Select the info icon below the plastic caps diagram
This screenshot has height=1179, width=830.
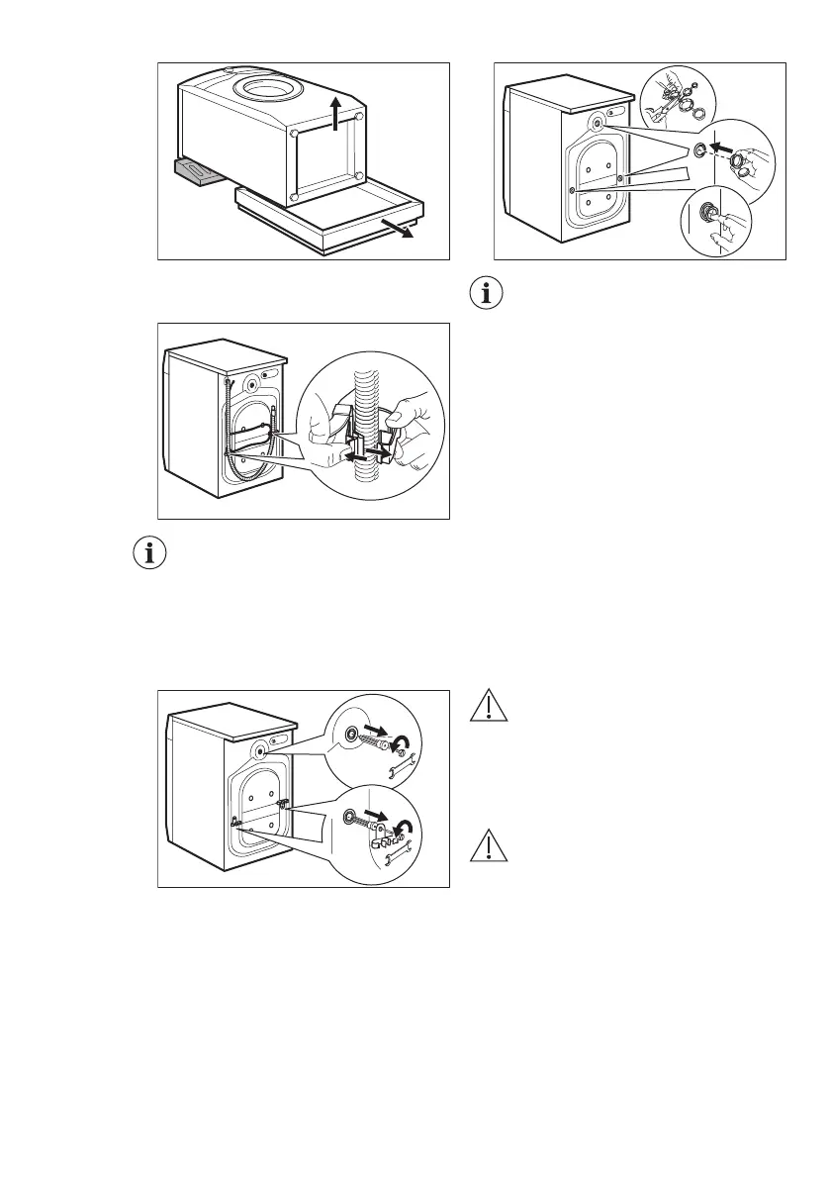tap(487, 294)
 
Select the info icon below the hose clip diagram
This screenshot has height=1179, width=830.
tap(150, 553)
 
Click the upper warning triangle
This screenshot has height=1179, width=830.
tap(487, 706)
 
